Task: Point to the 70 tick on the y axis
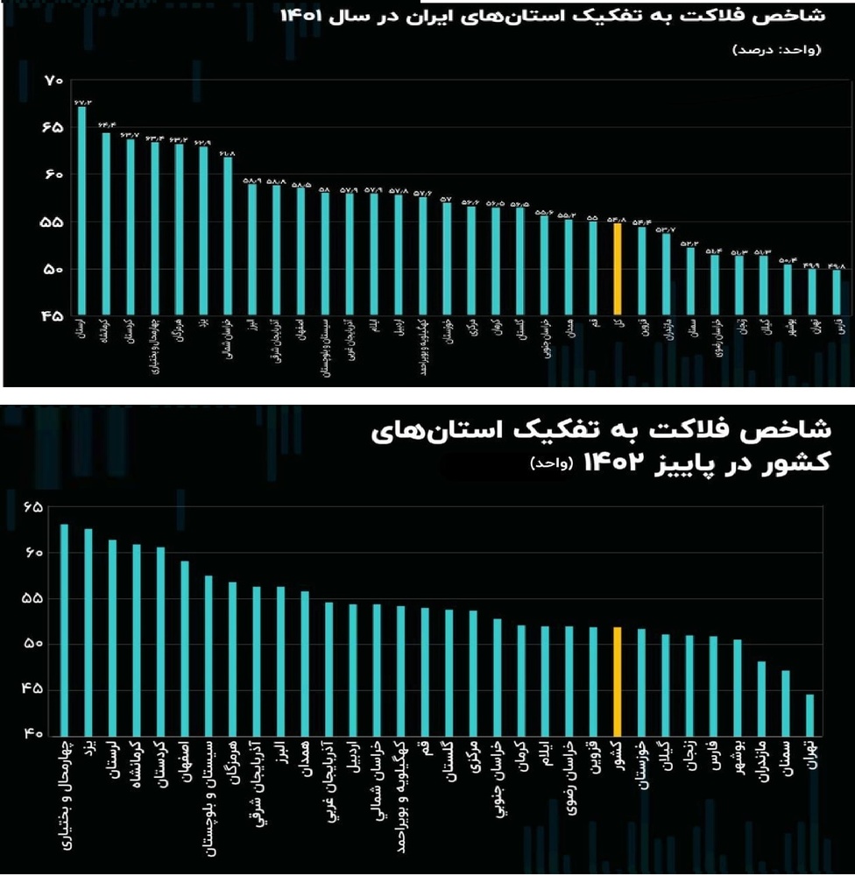(53, 81)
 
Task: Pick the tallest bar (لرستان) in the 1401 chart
(81, 210)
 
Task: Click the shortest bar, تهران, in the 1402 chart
(809, 714)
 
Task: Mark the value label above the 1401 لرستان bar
(81, 101)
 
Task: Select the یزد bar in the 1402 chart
(88, 631)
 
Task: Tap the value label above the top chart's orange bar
(617, 219)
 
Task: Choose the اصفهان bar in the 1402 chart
(185, 647)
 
